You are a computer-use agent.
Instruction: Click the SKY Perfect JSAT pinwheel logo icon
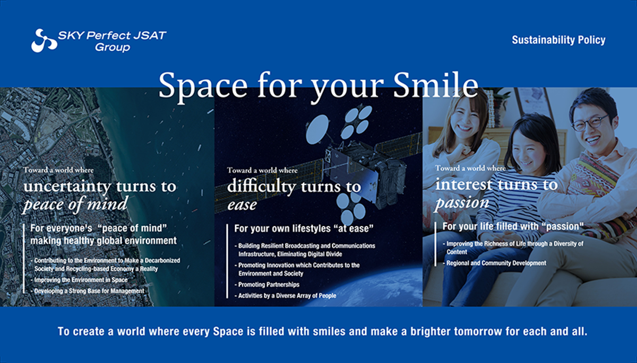pyautogui.click(x=44, y=41)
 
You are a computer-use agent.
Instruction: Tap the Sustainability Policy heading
pyautogui.click(x=558, y=40)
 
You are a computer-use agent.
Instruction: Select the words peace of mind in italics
pyautogui.click(x=75, y=204)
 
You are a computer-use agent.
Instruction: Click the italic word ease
pyautogui.click(x=242, y=205)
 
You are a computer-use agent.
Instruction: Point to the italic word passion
pyautogui.click(x=462, y=202)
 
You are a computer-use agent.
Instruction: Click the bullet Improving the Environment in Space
pyautogui.click(x=79, y=280)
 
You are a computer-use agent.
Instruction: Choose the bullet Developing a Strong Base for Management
pyautogui.click(x=88, y=291)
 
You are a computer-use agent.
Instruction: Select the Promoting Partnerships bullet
pyautogui.click(x=267, y=285)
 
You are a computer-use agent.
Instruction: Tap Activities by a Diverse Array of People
pyautogui.click(x=286, y=296)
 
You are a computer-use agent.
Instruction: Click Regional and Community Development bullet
pyautogui.click(x=495, y=263)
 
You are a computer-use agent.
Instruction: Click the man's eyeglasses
pyautogui.click(x=590, y=122)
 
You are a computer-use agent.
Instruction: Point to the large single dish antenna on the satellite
pyautogui.click(x=318, y=129)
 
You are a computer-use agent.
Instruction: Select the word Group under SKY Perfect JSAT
pyautogui.click(x=113, y=47)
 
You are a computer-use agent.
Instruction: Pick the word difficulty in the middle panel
pyautogui.click(x=262, y=187)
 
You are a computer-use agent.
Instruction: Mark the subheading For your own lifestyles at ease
pyautogui.click(x=304, y=228)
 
